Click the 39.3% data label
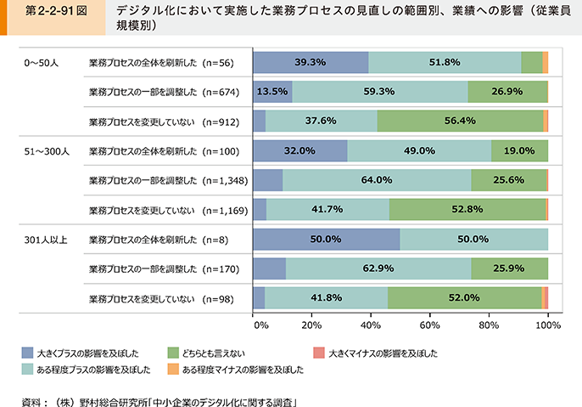click(x=311, y=62)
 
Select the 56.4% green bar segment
click(x=460, y=120)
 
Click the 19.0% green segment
click(x=519, y=150)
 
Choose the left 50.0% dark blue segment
click(x=327, y=240)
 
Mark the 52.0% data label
click(x=463, y=298)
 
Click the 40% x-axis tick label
click(x=372, y=324)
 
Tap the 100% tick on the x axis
click(x=548, y=324)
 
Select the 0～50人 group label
click(x=42, y=62)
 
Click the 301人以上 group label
click(x=46, y=240)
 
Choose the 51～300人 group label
click(x=47, y=150)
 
